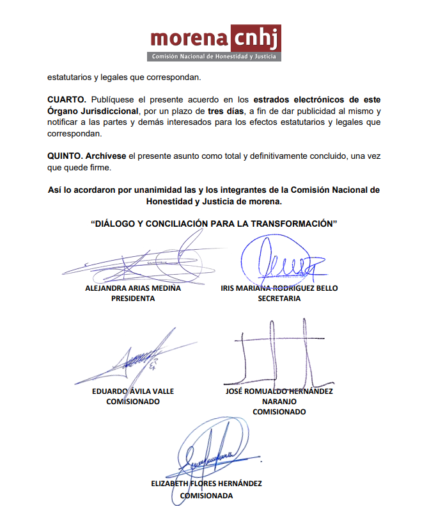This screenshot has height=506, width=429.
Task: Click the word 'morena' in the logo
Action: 190,39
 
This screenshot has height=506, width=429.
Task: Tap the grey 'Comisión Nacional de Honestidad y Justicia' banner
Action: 214,57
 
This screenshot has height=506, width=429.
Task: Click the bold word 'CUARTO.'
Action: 66,100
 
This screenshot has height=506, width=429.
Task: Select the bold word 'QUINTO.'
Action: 66,156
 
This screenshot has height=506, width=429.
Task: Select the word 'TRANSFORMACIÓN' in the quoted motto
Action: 285,224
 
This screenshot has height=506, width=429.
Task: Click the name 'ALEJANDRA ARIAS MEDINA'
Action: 133,288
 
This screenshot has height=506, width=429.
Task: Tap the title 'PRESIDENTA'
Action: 133,298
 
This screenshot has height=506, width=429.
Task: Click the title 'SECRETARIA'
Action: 279,298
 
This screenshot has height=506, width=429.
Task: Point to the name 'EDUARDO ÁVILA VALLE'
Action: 133,391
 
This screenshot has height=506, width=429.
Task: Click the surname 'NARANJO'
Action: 279,401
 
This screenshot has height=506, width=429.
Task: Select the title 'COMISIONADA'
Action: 207,494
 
